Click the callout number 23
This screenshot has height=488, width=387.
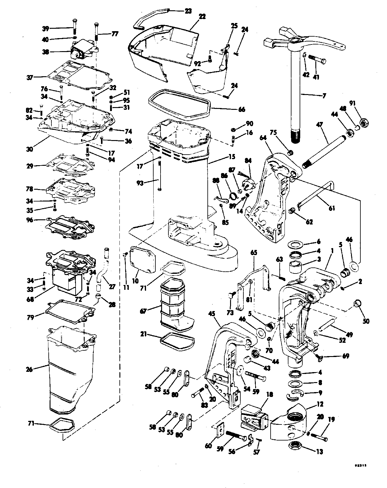[188, 11]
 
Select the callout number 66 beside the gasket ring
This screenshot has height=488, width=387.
[242, 110]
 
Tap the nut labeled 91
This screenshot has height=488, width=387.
[364, 123]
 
